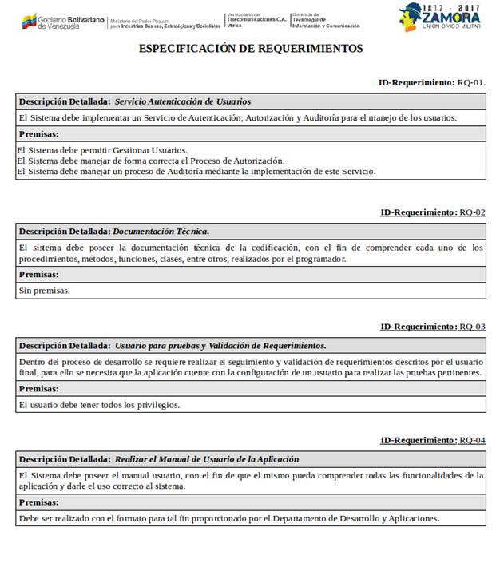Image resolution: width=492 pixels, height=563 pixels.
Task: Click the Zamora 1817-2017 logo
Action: click(x=440, y=17)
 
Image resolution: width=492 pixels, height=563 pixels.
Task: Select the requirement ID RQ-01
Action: click(x=471, y=82)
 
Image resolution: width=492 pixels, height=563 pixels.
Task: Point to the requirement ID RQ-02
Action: click(x=472, y=212)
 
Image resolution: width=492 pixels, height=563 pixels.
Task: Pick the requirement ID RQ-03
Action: click(x=472, y=327)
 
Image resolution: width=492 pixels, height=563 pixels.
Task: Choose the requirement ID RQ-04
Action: click(x=472, y=440)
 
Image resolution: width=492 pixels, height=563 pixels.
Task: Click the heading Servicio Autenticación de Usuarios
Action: click(x=183, y=101)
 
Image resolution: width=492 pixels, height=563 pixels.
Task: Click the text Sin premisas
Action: click(x=44, y=291)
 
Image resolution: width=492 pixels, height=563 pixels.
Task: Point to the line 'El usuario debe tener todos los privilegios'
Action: click(x=99, y=405)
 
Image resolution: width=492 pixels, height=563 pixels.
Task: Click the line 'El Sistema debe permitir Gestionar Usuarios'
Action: click(x=102, y=150)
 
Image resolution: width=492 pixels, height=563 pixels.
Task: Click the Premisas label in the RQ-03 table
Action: click(x=38, y=389)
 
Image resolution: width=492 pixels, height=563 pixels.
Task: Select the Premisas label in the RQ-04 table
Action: click(x=38, y=502)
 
